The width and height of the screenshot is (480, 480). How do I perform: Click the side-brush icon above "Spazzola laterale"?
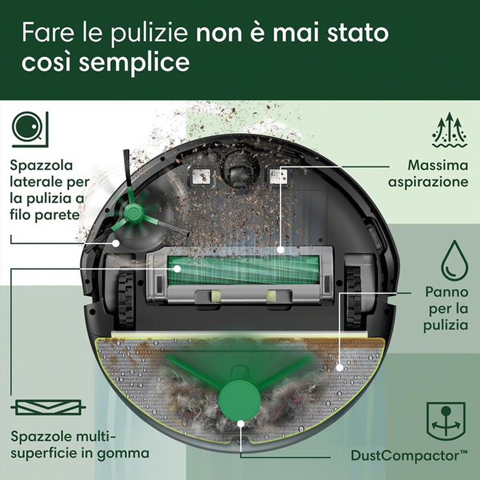[x=30, y=128]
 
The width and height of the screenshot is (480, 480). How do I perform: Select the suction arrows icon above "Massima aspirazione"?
[x=449, y=130]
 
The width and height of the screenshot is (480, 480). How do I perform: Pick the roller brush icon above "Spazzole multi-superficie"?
[x=48, y=407]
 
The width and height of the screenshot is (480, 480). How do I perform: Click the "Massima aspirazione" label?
[x=437, y=174]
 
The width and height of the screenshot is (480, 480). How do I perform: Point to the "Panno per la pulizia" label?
[x=445, y=309]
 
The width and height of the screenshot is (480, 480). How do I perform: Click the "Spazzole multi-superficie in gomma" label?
[x=80, y=446]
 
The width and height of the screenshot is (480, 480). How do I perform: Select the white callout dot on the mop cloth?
[x=340, y=368]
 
